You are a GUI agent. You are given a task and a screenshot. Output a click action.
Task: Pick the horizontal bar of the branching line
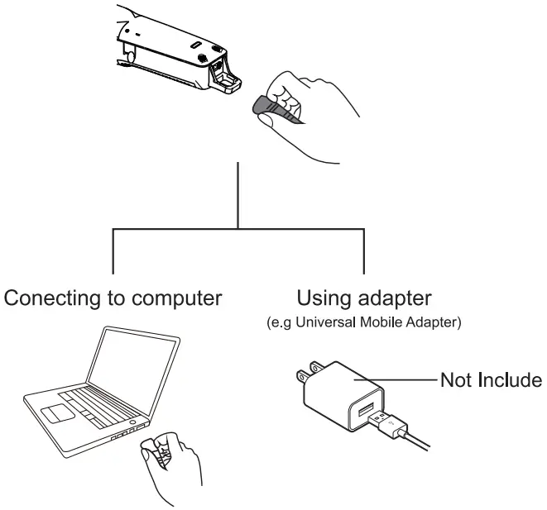point(238,227)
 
